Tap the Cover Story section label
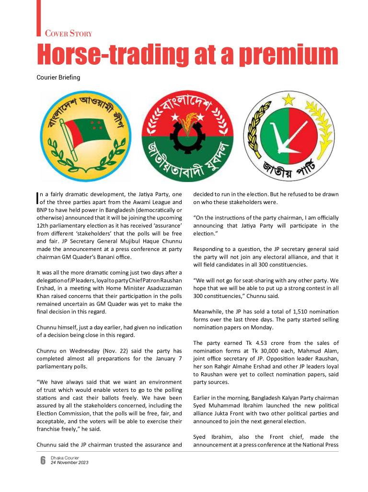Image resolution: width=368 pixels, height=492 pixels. click(x=68, y=34)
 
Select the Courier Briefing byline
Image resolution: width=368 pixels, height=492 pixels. click(x=58, y=78)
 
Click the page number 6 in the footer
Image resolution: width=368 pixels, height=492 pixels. click(x=42, y=460)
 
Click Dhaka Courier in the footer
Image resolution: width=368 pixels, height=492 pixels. click(x=65, y=458)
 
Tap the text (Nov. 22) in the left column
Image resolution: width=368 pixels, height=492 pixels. click(x=113, y=351)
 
